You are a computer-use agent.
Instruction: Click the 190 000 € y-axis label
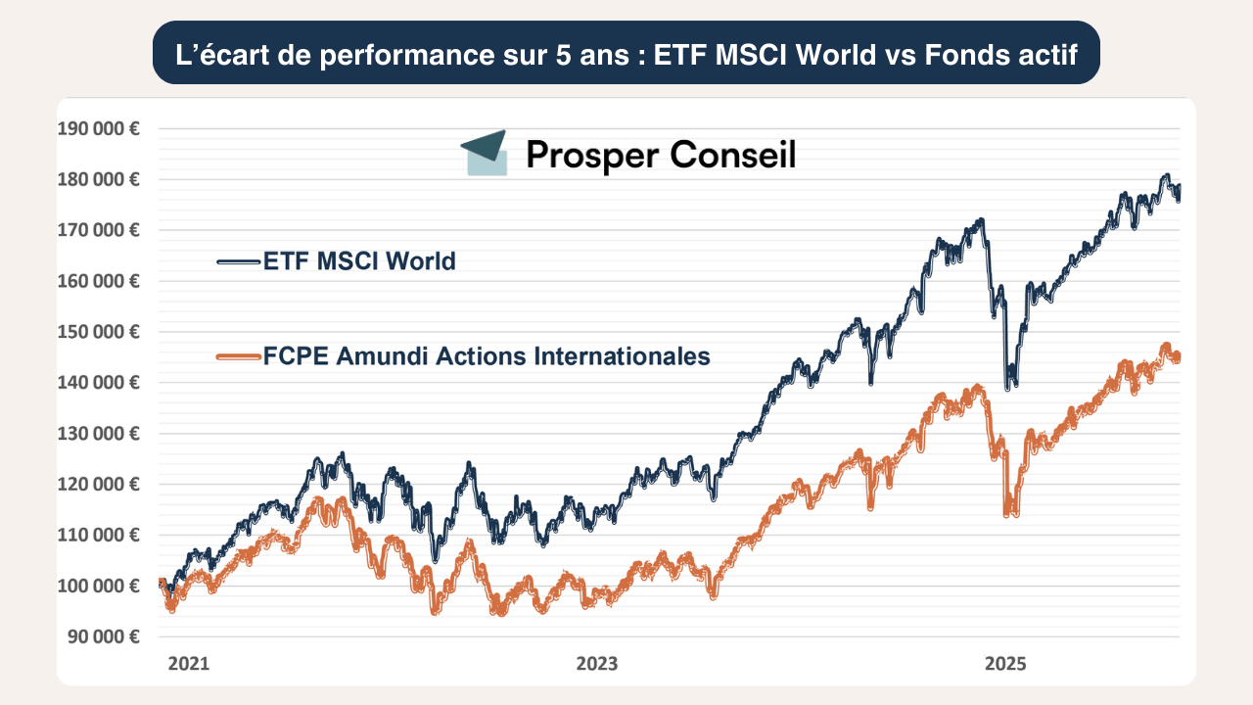tap(98, 128)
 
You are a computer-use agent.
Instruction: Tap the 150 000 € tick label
tap(98, 332)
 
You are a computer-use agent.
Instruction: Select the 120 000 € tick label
tap(98, 484)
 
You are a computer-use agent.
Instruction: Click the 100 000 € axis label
tap(98, 586)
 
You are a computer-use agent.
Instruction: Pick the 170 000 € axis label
tap(98, 230)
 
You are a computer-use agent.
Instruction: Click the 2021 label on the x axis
tap(189, 664)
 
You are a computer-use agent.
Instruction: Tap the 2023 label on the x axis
tap(597, 664)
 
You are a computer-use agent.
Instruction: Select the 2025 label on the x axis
tap(1004, 664)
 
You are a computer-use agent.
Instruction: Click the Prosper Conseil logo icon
tap(485, 153)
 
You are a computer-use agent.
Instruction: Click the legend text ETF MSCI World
tap(359, 261)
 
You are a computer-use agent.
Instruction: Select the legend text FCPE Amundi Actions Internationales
tap(487, 356)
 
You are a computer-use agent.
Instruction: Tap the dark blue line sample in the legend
tap(239, 261)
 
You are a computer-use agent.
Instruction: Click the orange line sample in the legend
tap(239, 356)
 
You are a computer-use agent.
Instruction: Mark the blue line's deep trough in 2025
tap(1009, 383)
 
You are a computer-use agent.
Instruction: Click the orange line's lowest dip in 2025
tap(1009, 512)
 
